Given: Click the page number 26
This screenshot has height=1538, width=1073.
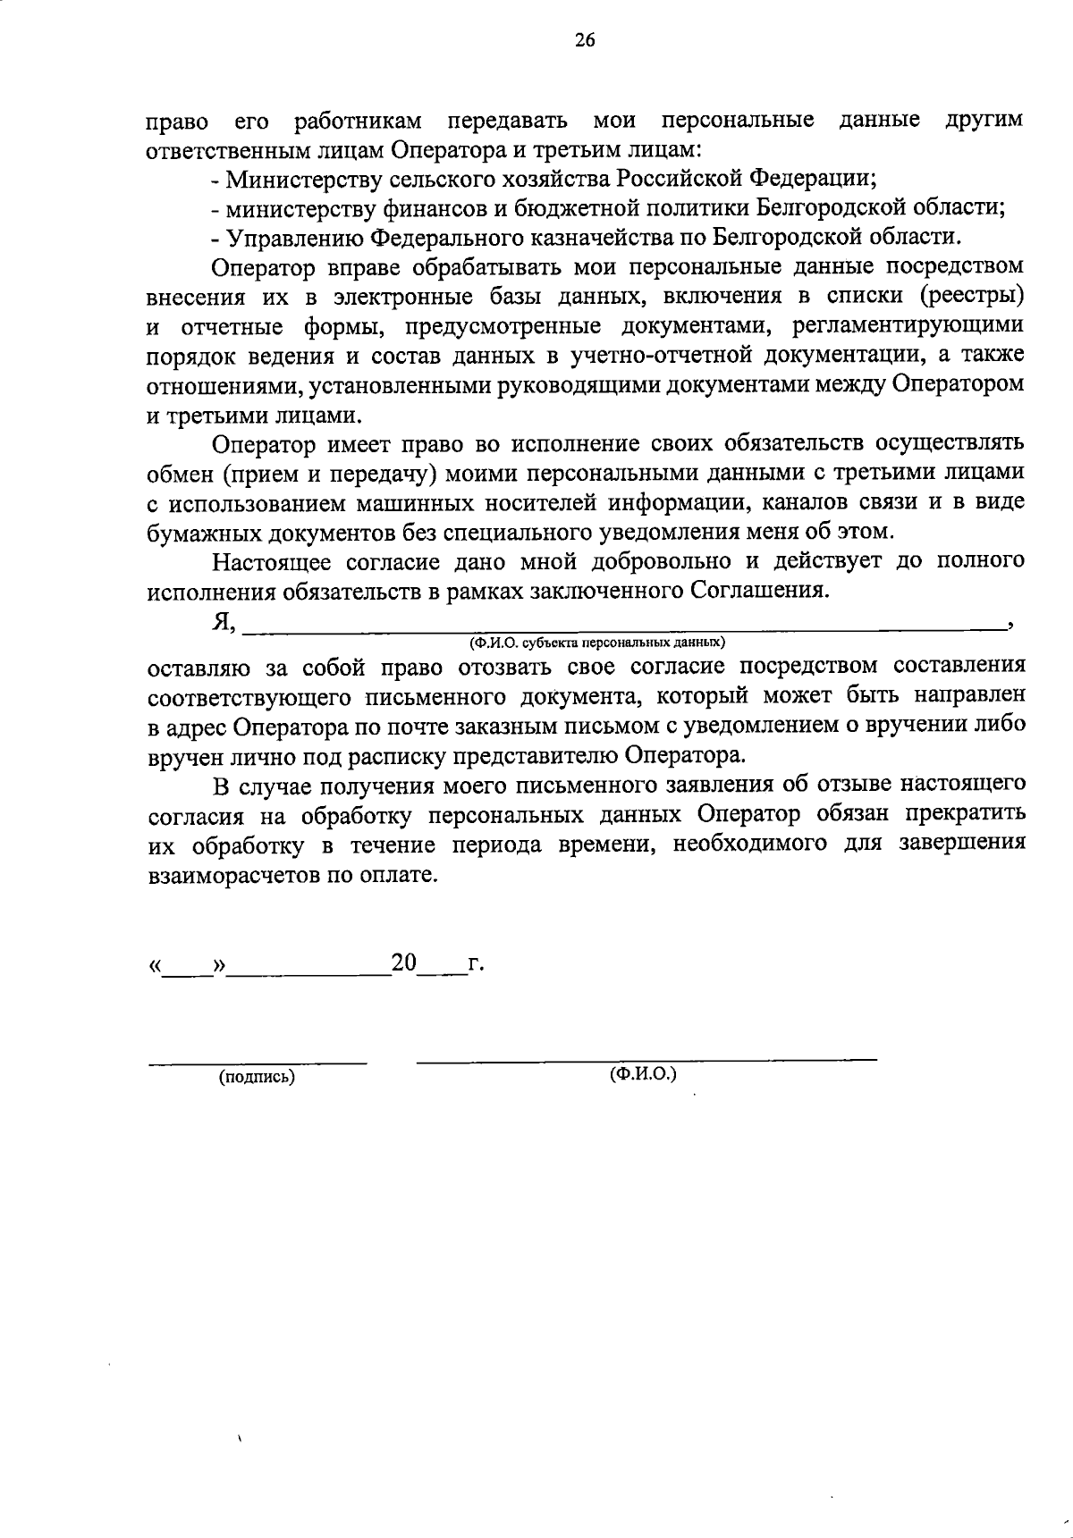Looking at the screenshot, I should tap(586, 39).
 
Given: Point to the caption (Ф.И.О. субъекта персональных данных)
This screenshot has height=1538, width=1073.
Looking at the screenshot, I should tap(598, 642).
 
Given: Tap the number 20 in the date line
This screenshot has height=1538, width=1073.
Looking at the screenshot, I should tap(403, 962).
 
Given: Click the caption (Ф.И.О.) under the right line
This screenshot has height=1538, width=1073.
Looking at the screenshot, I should tap(644, 1072).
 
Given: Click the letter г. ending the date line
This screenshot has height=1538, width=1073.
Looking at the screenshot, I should tap(477, 964).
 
